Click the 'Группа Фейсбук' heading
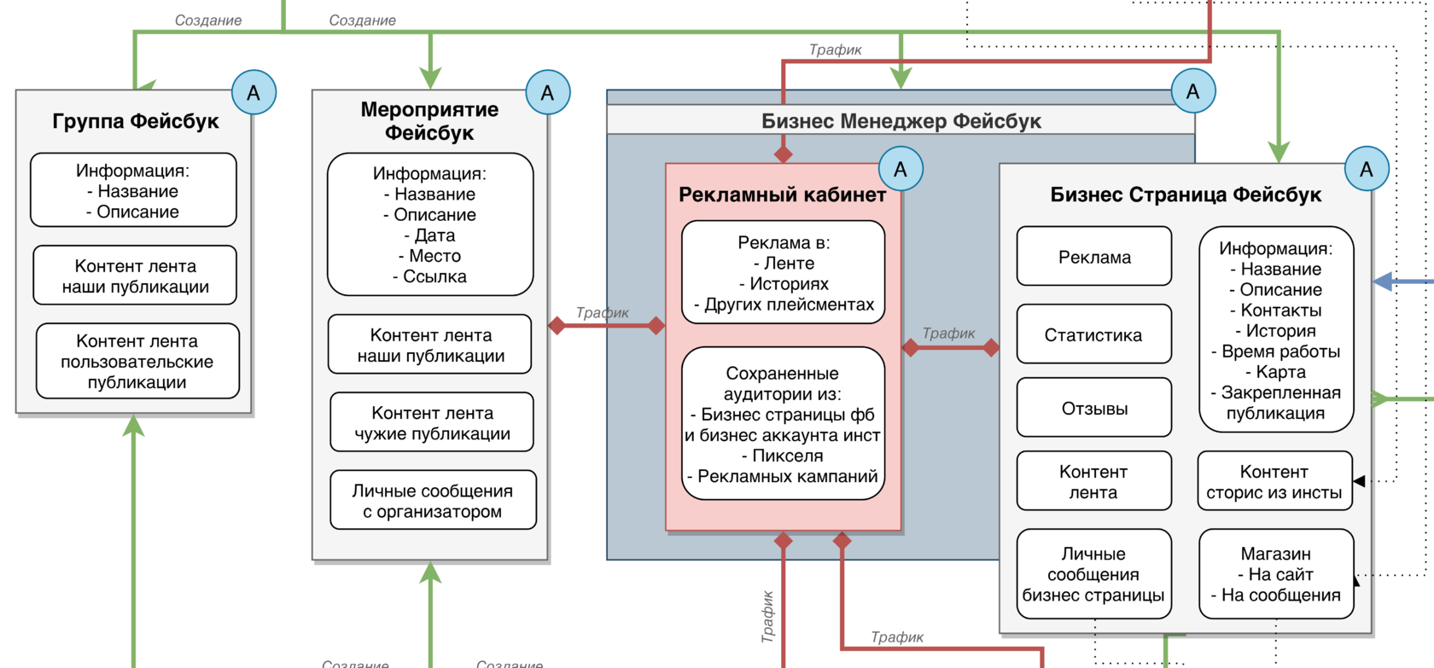pyautogui.click(x=136, y=121)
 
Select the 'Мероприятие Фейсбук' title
pyautogui.click(x=429, y=121)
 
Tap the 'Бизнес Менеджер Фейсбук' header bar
pyautogui.click(x=901, y=121)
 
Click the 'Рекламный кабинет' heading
pyautogui.click(x=782, y=195)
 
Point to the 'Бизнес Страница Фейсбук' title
pyautogui.click(x=1186, y=195)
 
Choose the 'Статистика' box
pyautogui.click(x=1093, y=335)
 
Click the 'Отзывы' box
pyautogui.click(x=1093, y=409)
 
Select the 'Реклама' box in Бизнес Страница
pyautogui.click(x=1093, y=257)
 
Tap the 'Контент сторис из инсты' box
pyautogui.click(x=1274, y=482)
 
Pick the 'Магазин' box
pyautogui.click(x=1276, y=574)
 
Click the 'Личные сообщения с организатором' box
pyautogui.click(x=433, y=501)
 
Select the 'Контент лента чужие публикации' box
pyautogui.click(x=432, y=423)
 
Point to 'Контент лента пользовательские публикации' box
pyautogui.click(x=137, y=362)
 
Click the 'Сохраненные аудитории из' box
pyautogui.click(x=783, y=424)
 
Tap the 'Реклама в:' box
pyautogui.click(x=783, y=273)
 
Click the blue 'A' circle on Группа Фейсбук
pyautogui.click(x=254, y=93)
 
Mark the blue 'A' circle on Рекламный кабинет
pyautogui.click(x=901, y=169)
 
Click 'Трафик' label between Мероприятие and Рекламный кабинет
pyautogui.click(x=602, y=313)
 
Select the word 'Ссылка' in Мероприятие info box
pyautogui.click(x=435, y=276)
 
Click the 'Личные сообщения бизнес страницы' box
pyautogui.click(x=1093, y=574)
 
